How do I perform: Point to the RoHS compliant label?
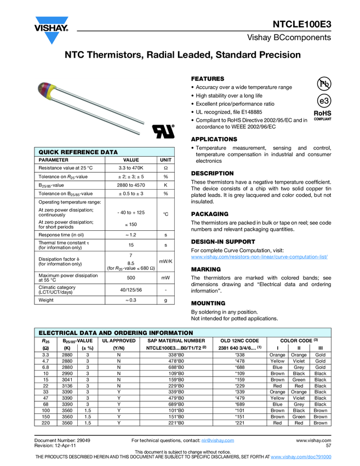tap(322, 115)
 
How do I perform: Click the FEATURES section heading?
tap(207, 79)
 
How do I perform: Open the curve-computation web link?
tap(259, 257)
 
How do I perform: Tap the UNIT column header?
tap(165, 160)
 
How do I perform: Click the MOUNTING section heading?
tap(205, 303)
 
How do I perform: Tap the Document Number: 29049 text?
tap(62, 440)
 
